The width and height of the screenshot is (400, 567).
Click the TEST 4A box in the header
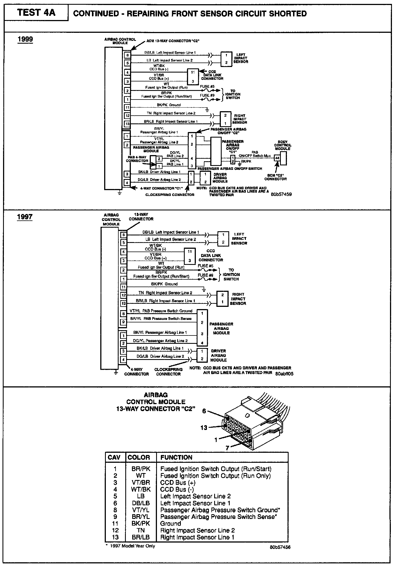[x=36, y=13]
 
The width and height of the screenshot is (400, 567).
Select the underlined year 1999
[x=25, y=39]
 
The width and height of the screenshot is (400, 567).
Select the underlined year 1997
[x=25, y=217]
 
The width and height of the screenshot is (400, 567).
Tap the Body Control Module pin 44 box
[x=277, y=158]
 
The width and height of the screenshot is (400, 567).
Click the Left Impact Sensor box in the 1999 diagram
[x=226, y=59]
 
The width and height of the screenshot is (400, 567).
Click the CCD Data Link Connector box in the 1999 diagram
[x=193, y=77]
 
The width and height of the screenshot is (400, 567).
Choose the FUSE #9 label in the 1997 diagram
[x=205, y=275]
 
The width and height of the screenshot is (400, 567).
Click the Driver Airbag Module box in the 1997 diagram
[x=202, y=355]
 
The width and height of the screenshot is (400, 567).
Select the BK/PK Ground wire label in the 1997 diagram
[x=164, y=284]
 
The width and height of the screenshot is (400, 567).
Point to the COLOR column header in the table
[x=139, y=457]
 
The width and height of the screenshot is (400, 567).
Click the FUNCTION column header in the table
[x=176, y=457]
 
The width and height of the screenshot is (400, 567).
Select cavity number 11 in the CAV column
[x=115, y=523]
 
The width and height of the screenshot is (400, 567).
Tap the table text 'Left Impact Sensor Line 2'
[x=196, y=496]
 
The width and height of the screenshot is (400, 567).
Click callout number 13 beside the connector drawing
[x=204, y=427]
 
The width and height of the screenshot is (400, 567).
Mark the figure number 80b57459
[x=281, y=194]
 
